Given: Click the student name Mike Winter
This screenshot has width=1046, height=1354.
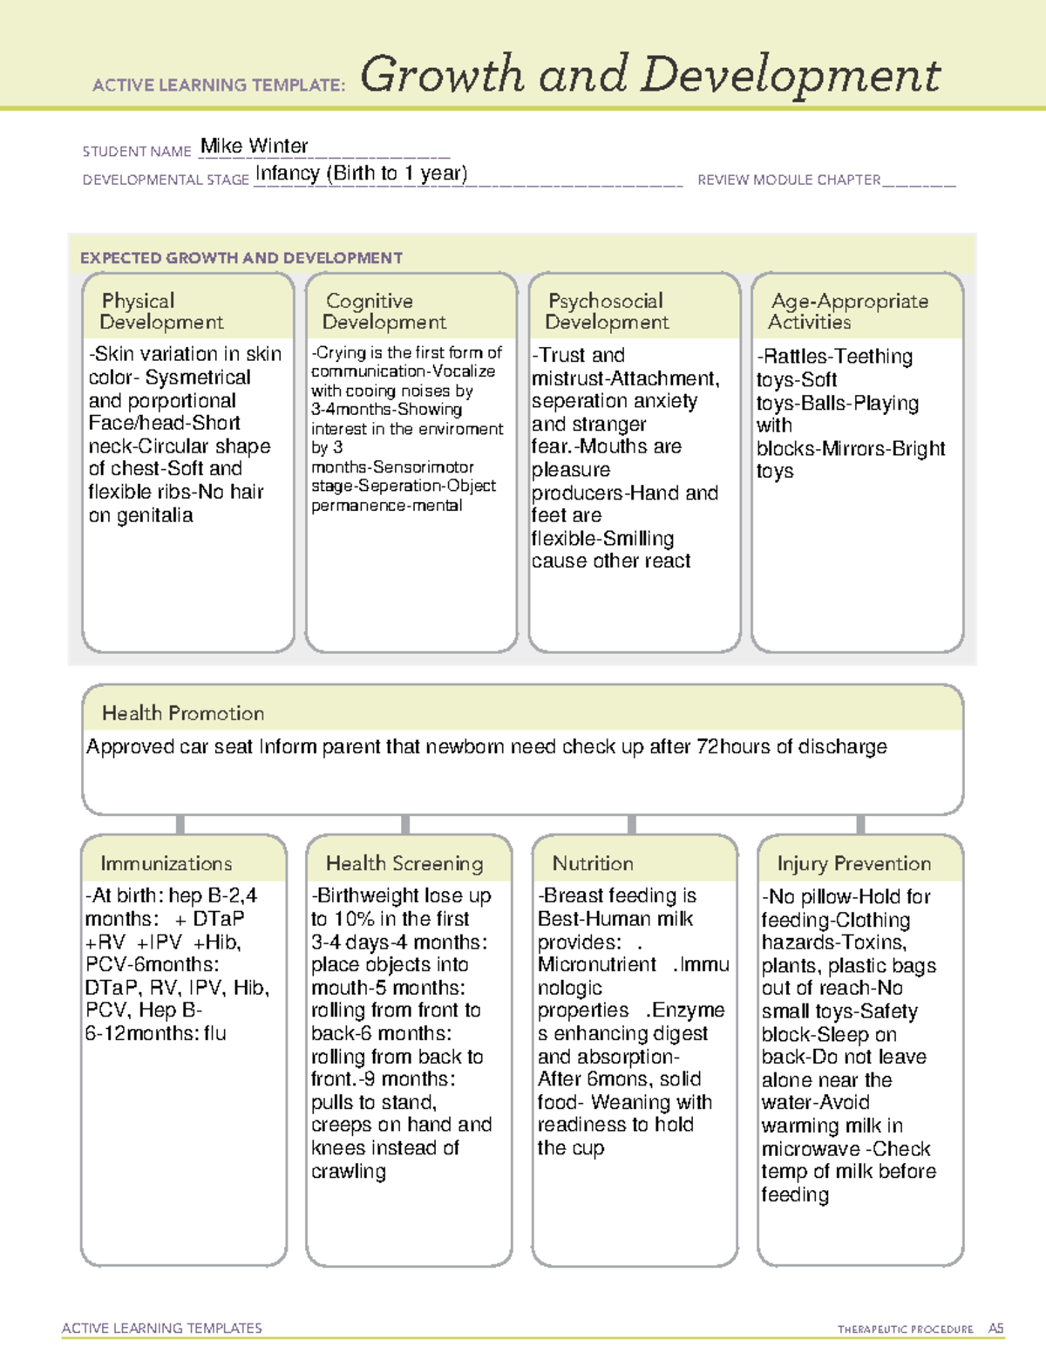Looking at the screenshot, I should pos(254,146).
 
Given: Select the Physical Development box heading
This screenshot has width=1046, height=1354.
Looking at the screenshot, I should pos(161,311).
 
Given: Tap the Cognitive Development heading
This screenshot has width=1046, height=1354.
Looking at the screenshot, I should pos(384,311).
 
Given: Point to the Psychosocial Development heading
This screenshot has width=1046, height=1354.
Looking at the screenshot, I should pos(607,311).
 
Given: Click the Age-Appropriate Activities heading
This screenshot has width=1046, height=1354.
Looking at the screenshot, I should pos(849,311).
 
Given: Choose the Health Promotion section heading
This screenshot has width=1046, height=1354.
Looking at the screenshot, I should pos(183,713).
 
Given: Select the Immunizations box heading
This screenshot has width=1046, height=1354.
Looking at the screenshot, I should pos(166,863).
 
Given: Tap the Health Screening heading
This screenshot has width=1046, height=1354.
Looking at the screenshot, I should pos(404,863).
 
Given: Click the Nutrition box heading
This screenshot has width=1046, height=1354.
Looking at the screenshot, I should pos(593,863).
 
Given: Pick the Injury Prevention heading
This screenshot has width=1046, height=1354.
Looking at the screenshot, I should pos(854,863).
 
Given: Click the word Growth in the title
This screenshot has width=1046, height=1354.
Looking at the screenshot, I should pos(442,75).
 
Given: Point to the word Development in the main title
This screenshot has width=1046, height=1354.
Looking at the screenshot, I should pos(791,77).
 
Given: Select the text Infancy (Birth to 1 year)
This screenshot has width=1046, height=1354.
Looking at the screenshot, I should pos(361,173).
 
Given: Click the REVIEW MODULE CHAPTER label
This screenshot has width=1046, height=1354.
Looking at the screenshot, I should pos(789,180).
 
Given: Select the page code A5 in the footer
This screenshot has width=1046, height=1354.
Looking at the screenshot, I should pos(995,1329).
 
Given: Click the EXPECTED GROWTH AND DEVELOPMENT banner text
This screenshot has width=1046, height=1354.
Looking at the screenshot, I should pos(241,258).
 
